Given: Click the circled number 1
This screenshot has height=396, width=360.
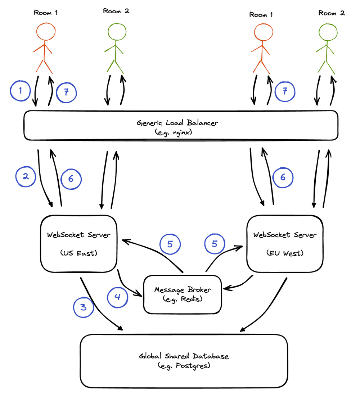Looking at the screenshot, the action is point(20,91).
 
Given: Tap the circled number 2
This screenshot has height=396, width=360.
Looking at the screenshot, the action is point(26,176).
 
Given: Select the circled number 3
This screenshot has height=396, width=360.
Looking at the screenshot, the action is point(84,307).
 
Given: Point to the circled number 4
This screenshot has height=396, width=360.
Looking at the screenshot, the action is point(117,297).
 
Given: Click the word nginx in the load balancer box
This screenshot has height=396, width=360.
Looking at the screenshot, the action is point(182,132).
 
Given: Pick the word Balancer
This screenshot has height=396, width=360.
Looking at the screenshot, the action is point(202,123).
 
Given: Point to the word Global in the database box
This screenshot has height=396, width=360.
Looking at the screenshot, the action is point(150,356).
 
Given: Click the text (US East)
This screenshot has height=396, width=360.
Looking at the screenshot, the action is point(78,253).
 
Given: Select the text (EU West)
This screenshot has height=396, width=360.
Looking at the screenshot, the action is point(285,253).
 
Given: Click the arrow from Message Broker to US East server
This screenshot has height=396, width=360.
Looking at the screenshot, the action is point(156,251).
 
